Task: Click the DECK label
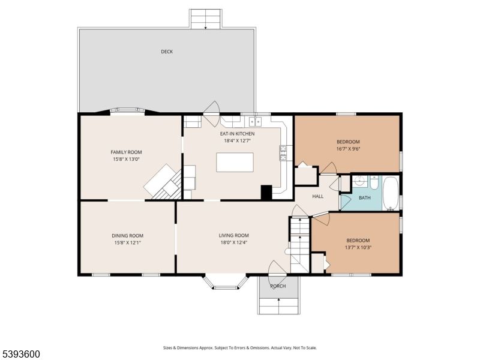tap(167, 52)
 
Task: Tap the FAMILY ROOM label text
tap(126, 152)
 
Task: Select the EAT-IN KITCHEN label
tap(237, 134)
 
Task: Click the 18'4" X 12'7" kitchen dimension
tap(237, 140)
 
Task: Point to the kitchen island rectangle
tap(235, 163)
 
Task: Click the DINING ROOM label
tap(127, 236)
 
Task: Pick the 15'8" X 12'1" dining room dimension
tap(127, 242)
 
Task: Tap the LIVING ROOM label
tap(234, 236)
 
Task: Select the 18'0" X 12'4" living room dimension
tap(234, 242)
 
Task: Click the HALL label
tap(317, 196)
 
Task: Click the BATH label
tap(365, 197)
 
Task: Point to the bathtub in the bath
tap(391, 193)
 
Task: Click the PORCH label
tap(278, 286)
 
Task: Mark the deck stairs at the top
tap(205, 19)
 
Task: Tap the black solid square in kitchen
tap(266, 193)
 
